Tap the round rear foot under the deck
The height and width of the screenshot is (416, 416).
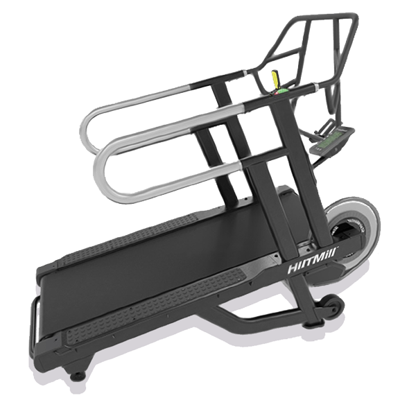[78, 375]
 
